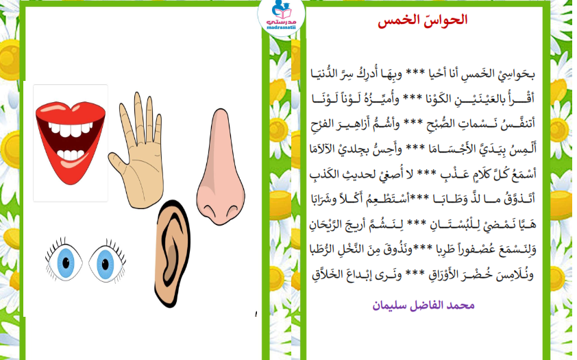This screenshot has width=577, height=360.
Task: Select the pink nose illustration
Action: (221, 167)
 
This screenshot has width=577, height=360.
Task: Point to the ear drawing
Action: (172, 254)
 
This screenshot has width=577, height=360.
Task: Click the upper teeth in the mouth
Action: (71, 129)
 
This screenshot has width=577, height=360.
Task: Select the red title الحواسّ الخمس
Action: (422, 20)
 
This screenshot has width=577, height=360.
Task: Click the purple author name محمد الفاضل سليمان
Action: (423, 306)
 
